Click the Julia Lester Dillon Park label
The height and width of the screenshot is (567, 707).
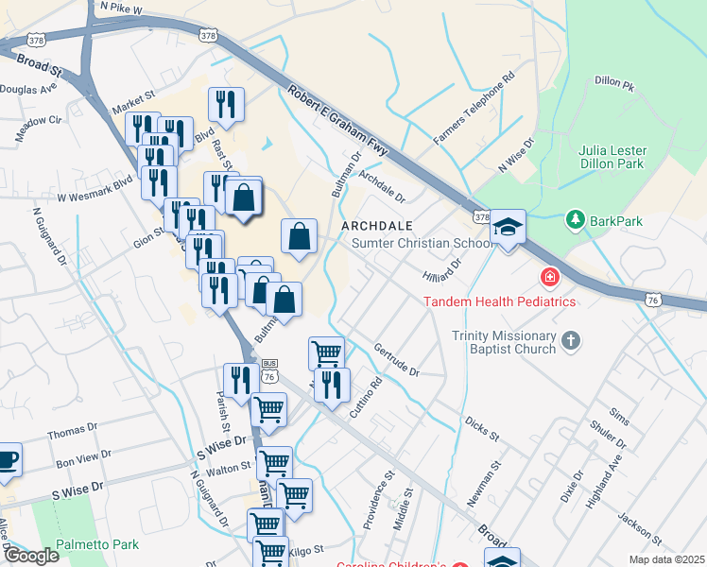click(611, 156)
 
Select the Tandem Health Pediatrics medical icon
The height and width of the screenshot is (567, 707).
click(548, 278)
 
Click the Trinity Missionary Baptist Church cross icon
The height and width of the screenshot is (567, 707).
click(570, 340)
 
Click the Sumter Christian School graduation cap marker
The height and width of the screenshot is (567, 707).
click(509, 227)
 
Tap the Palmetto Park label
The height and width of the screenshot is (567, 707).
click(97, 544)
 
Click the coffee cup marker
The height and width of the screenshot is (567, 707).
click(8, 459)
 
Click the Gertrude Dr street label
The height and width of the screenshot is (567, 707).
click(396, 360)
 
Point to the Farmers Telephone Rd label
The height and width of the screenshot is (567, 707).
click(474, 108)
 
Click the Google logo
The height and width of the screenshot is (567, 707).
click(30, 556)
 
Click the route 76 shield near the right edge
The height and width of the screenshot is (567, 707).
click(653, 299)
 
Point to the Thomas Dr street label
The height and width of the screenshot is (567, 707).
click(72, 434)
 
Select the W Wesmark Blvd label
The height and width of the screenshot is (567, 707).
click(95, 198)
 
